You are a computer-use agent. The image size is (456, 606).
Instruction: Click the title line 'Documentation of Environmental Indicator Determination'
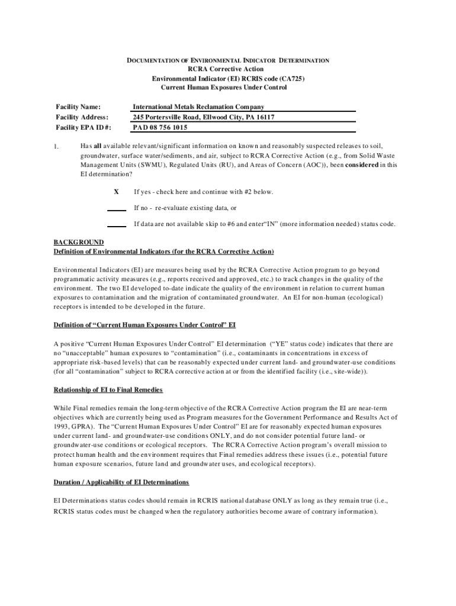(x=229, y=60)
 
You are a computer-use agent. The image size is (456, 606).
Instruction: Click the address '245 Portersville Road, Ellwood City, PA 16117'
(x=204, y=117)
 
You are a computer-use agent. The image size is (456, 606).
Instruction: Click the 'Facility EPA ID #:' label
(x=84, y=127)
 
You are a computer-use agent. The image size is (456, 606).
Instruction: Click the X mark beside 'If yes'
(x=116, y=192)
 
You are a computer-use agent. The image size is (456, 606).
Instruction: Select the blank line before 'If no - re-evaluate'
(x=116, y=209)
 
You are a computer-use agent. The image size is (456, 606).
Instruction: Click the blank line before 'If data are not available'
(x=116, y=225)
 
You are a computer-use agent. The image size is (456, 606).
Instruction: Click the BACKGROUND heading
(x=79, y=242)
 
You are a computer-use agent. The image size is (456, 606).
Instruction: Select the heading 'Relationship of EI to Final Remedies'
(x=108, y=390)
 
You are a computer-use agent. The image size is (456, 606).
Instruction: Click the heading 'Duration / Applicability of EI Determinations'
(x=121, y=482)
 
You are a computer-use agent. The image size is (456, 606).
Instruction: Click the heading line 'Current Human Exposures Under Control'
(x=228, y=88)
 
